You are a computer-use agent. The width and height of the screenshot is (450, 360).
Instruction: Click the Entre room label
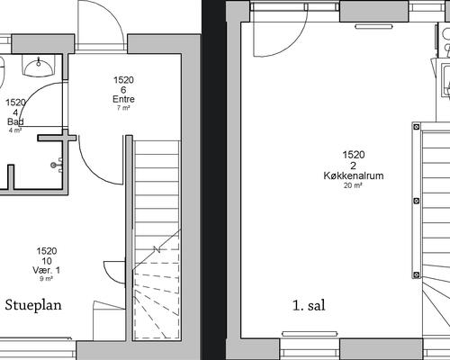(123, 99)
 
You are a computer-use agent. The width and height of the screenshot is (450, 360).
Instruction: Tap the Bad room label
(15, 121)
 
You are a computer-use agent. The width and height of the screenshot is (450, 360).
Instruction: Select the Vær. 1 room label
(47, 270)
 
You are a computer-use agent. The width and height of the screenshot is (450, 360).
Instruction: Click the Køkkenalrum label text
(354, 175)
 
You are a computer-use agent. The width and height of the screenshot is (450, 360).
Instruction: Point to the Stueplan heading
(33, 305)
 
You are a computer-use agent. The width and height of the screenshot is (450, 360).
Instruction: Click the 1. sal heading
(309, 306)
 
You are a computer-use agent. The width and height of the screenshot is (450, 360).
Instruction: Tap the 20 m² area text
(353, 185)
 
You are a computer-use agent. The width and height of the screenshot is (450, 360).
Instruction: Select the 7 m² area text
(123, 108)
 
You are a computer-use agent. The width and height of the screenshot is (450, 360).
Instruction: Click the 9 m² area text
(47, 279)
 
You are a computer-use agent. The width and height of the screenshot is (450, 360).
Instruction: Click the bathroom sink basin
(39, 67)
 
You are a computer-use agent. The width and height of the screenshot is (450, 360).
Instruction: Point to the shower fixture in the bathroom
(57, 165)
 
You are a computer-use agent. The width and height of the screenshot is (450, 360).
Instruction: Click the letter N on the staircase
(157, 249)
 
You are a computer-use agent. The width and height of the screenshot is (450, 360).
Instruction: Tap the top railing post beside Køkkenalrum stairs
(417, 127)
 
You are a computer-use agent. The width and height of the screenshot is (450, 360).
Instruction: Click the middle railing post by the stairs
(417, 201)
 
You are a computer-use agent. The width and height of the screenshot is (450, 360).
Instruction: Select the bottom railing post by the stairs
(417, 274)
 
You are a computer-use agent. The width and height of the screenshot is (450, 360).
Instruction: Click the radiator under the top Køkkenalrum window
(373, 27)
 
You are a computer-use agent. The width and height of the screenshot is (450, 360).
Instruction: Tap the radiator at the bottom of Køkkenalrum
(310, 334)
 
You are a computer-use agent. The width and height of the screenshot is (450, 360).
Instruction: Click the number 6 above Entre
(123, 90)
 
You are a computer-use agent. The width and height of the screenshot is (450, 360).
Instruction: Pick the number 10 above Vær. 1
(47, 261)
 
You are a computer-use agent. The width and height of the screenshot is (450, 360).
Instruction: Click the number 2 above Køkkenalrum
(354, 166)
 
